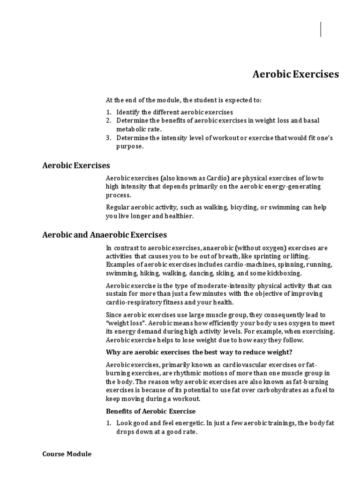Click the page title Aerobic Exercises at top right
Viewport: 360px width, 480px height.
pos(295,75)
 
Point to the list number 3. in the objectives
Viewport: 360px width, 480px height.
pos(108,137)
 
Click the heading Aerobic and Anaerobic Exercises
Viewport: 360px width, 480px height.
pos(105,234)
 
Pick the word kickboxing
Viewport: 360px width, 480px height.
pos(285,273)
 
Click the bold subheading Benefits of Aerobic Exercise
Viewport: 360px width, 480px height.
pos(150,411)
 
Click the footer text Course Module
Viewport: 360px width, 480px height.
pos(67,454)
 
